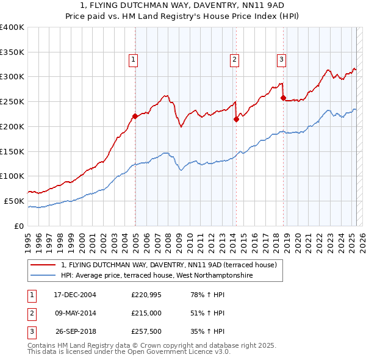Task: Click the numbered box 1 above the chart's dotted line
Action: click(133, 59)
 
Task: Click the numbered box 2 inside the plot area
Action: click(234, 59)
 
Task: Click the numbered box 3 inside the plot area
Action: click(281, 59)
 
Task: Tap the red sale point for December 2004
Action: click(135, 116)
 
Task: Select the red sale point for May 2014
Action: click(236, 119)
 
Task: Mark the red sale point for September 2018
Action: click(283, 98)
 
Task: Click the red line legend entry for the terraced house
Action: click(169, 265)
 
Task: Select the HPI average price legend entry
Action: click(157, 275)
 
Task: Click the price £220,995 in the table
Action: click(146, 294)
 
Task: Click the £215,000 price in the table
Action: click(146, 313)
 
